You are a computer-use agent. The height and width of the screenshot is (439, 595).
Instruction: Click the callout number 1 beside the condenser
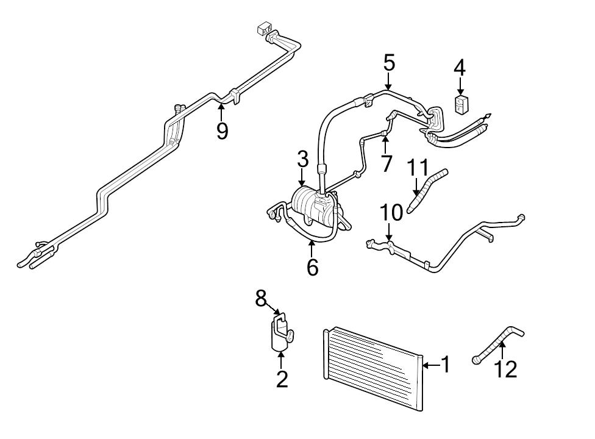click(x=446, y=365)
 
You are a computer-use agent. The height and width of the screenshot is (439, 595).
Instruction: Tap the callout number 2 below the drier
click(x=282, y=379)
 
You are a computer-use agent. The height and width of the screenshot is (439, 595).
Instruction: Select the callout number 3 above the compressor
click(x=302, y=160)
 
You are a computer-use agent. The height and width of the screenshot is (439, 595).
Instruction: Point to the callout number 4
click(x=460, y=68)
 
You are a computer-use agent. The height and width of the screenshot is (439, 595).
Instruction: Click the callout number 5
click(x=389, y=62)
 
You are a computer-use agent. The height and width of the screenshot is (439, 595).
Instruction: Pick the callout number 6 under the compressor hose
click(x=312, y=266)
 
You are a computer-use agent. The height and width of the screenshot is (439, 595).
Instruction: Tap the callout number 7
click(x=385, y=163)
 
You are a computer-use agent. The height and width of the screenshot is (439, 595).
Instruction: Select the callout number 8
click(x=261, y=298)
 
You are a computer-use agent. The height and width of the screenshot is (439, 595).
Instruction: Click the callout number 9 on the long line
click(x=222, y=130)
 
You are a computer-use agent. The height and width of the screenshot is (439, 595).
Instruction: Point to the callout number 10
click(x=391, y=213)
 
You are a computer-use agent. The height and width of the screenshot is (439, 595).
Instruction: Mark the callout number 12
click(x=505, y=368)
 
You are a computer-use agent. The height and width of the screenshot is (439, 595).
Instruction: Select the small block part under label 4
click(x=461, y=104)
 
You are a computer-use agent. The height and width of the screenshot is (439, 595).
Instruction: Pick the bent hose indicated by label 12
click(x=497, y=345)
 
